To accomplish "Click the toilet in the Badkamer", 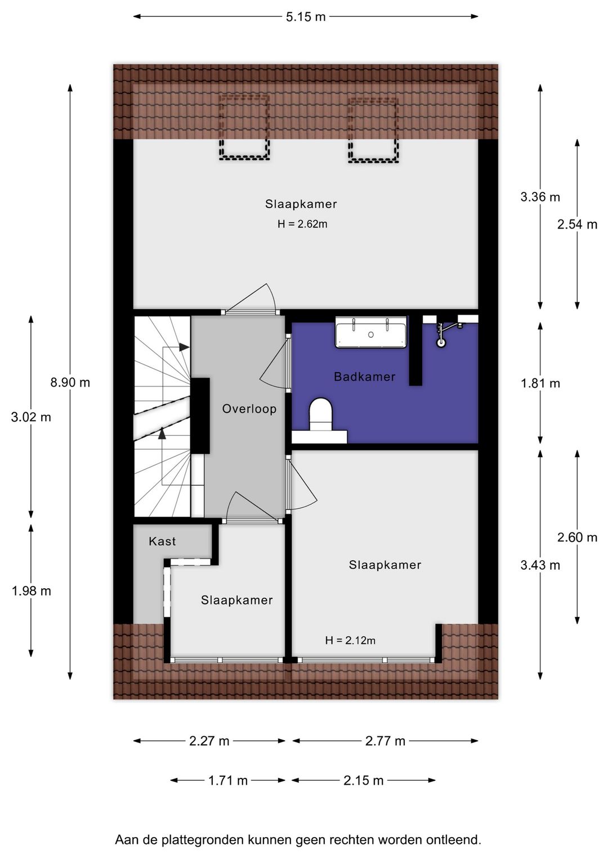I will tap(321, 415).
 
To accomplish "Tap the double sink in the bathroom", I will tap(371, 333).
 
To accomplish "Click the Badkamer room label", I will tap(364, 377).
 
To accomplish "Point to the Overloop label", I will tap(249, 409).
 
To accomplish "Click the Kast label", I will tap(162, 541).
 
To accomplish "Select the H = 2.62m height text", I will tap(302, 224).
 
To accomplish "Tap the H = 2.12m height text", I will tap(350, 640).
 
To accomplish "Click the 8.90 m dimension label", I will tap(70, 382).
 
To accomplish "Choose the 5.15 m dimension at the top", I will tap(306, 16).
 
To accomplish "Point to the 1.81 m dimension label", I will tap(540, 383).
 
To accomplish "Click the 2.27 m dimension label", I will tap(209, 741).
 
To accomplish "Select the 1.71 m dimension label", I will tap(228, 780).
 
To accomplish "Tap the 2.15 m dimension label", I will tap(364, 780).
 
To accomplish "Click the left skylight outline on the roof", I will tap(244, 128).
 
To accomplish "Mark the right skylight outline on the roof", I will tap(373, 130).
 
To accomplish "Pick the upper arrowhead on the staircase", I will tap(184, 347).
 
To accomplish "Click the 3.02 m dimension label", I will tap(31, 417).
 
